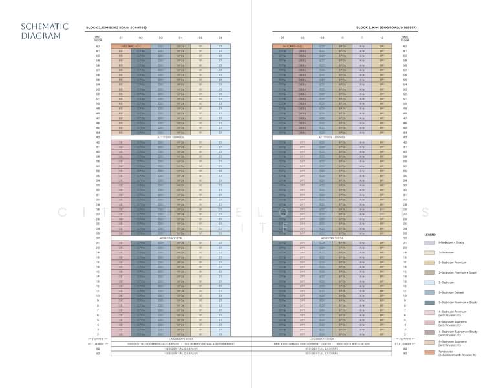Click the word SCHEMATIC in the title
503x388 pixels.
coord(45,27)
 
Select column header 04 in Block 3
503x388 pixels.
coord(180,38)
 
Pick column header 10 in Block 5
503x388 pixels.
coord(341,38)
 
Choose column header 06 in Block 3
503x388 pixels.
coord(220,38)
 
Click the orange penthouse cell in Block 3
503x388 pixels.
coord(131,47)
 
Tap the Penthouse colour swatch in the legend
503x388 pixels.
coord(429,352)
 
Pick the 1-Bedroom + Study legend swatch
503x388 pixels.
coord(429,242)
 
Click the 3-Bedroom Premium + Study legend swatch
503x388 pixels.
coord(429,272)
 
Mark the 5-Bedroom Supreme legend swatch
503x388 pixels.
coord(429,342)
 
